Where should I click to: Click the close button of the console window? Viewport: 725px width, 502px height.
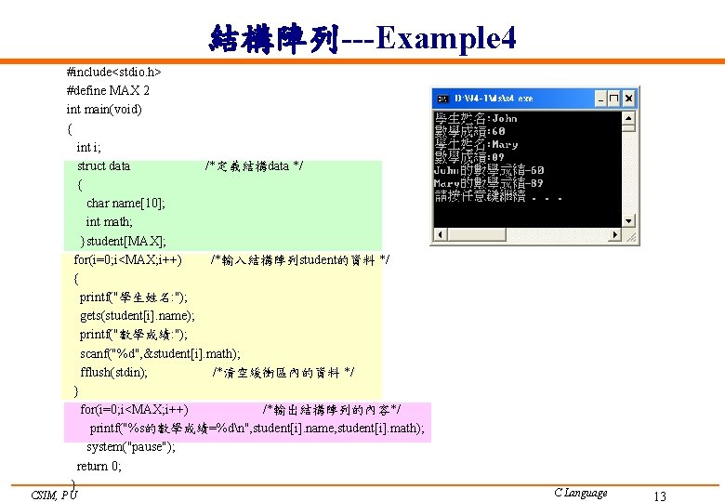click(x=629, y=98)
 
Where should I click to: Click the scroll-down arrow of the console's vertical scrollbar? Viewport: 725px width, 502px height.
click(x=629, y=221)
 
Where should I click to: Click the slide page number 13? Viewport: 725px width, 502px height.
click(x=660, y=496)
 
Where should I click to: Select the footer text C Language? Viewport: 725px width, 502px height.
click(x=580, y=493)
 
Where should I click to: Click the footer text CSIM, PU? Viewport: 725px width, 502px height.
click(x=54, y=495)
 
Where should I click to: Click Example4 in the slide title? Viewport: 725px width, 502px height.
click(x=446, y=38)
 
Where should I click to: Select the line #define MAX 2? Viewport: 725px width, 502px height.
click(x=108, y=90)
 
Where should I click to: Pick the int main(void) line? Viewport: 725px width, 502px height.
click(x=104, y=109)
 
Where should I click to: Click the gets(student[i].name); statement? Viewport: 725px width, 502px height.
click(x=138, y=316)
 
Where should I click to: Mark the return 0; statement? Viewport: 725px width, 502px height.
click(x=99, y=466)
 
